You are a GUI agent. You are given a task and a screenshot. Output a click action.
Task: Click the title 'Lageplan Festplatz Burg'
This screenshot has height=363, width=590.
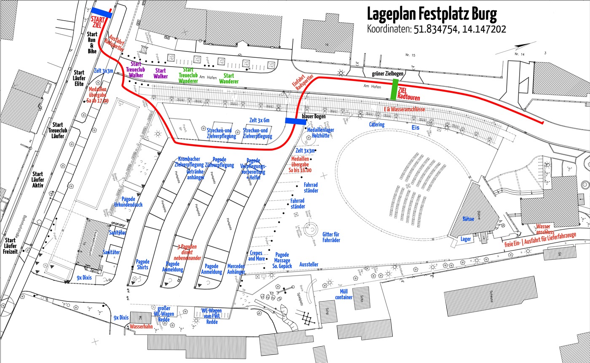tap(432, 14)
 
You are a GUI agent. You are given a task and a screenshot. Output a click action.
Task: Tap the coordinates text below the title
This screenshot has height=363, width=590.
tap(436, 30)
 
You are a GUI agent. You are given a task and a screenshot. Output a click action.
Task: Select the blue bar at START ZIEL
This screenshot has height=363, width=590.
tap(102, 14)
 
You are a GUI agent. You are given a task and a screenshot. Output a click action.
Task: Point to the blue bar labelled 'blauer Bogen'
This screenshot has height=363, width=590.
tap(296, 121)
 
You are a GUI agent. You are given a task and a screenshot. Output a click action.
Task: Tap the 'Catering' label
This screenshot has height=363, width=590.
tap(377, 124)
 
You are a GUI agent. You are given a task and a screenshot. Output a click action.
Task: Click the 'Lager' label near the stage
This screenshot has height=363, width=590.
tap(466, 239)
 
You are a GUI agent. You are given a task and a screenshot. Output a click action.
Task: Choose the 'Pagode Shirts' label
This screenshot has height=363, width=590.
tap(142, 264)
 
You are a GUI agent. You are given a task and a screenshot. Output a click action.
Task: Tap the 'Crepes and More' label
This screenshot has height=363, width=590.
tap(256, 256)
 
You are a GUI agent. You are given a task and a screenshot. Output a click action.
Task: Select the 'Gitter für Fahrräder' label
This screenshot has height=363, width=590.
tap(331, 237)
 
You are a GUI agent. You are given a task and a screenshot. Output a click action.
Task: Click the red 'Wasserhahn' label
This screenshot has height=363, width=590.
tap(141, 326)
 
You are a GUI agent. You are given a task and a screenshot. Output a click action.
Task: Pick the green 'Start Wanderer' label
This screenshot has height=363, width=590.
tap(228, 78)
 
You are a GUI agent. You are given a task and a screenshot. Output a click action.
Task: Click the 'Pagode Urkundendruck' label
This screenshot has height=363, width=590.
tap(128, 202)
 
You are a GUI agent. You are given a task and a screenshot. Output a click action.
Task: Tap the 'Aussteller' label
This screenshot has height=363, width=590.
tap(309, 264)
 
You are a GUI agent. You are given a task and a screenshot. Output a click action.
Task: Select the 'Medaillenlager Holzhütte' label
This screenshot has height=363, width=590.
tap(320, 133)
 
